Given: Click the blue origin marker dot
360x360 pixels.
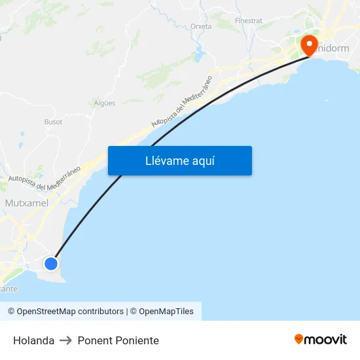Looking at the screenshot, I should [51, 264].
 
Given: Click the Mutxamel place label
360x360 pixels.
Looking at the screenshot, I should [26, 204].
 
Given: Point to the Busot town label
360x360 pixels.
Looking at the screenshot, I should [54, 122].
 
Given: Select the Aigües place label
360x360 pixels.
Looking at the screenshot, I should [105, 103].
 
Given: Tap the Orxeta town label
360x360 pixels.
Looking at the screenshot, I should [201, 27].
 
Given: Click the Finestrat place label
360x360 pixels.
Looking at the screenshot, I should [249, 21].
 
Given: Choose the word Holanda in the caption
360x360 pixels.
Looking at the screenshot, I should [33, 340].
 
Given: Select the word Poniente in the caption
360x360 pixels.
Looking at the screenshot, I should [137, 340].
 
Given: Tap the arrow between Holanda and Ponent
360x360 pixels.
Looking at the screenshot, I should [65, 340].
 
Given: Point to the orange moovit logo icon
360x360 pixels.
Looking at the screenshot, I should [299, 339].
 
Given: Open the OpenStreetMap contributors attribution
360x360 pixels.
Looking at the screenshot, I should [65, 312].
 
